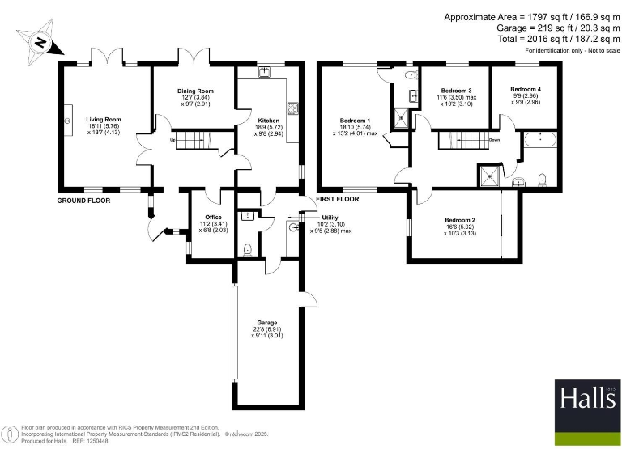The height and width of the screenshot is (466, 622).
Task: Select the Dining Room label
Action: (x=194, y=91)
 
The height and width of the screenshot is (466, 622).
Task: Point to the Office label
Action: (x=213, y=217)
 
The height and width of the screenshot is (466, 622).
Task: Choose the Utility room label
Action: (x=330, y=218)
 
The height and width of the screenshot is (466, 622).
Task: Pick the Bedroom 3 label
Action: (x=457, y=91)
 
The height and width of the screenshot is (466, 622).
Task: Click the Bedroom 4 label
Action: (x=526, y=89)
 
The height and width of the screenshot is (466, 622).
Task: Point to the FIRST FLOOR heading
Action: (x=337, y=199)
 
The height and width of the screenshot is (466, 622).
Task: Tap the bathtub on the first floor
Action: (x=539, y=141)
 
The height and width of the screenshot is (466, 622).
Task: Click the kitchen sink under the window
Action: (x=265, y=71)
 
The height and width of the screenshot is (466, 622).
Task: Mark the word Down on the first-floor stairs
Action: (x=493, y=139)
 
